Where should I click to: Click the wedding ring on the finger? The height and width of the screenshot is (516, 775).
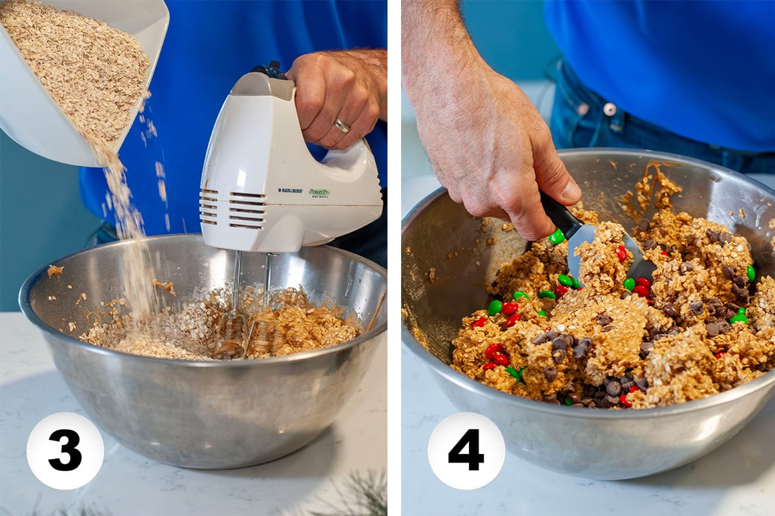(342, 126)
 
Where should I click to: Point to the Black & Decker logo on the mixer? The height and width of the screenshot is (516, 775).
(290, 190)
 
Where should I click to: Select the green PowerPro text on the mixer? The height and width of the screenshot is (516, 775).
(319, 192)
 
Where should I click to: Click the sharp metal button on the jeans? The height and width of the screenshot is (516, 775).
(609, 109)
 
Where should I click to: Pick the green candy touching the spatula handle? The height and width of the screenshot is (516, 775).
(556, 237)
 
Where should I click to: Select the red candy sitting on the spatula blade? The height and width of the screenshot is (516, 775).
(621, 253)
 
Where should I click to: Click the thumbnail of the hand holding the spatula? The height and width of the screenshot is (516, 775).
(571, 191)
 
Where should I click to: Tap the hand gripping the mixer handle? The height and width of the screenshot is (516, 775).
(336, 97)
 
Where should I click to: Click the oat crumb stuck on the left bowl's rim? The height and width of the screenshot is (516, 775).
(55, 271)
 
